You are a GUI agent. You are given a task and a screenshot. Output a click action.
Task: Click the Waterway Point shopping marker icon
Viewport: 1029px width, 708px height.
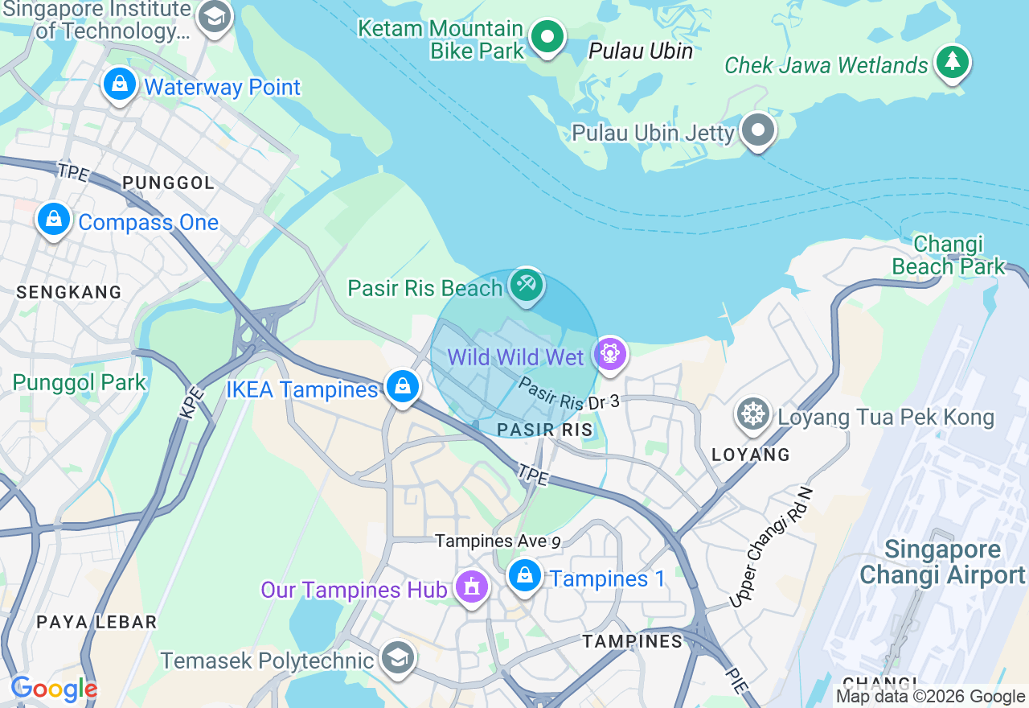(x=120, y=84)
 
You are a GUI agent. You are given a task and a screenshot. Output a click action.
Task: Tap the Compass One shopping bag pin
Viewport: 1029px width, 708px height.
(x=54, y=219)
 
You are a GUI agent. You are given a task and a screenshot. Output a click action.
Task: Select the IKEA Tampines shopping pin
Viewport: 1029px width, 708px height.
(x=402, y=387)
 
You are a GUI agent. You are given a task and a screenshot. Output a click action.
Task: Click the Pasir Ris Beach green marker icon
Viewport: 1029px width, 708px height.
(x=527, y=285)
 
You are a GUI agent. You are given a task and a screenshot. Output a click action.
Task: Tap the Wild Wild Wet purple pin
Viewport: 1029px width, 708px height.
(x=610, y=354)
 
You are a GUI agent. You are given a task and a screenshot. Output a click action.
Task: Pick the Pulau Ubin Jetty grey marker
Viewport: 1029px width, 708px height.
(x=757, y=130)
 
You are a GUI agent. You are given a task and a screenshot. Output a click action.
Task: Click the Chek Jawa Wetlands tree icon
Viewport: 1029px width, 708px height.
(x=953, y=62)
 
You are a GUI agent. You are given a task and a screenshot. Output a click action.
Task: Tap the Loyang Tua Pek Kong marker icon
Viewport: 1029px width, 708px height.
(x=753, y=414)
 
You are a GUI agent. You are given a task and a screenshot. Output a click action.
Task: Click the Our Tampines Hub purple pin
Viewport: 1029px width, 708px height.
(x=471, y=587)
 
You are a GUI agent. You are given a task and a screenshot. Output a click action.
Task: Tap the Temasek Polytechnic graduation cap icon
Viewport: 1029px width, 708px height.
(x=396, y=658)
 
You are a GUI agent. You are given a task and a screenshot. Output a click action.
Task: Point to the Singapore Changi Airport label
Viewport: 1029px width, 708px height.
(x=942, y=563)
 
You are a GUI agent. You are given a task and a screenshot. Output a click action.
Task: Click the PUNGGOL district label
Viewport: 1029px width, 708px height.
(x=168, y=183)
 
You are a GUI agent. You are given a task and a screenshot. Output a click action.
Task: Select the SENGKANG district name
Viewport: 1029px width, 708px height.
(x=69, y=292)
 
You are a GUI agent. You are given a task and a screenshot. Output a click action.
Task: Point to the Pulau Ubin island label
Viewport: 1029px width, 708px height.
(x=641, y=51)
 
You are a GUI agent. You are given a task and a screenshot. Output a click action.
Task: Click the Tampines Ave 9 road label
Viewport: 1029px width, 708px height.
(x=498, y=541)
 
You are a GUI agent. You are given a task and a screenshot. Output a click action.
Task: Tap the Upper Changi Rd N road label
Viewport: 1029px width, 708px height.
(x=771, y=548)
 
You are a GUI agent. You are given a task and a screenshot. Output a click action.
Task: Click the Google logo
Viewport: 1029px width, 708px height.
(x=54, y=689)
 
